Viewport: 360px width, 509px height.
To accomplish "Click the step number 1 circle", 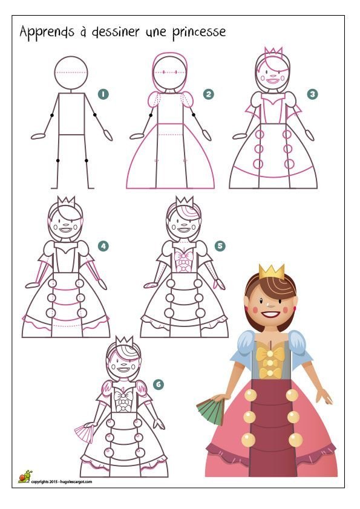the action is [x=103, y=94].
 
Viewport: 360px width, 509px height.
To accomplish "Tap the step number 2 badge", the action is [x=208, y=94].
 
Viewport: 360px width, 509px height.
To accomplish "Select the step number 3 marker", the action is [x=312, y=94].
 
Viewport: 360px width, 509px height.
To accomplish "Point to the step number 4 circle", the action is [x=103, y=246].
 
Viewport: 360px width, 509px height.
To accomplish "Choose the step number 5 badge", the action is [x=220, y=246].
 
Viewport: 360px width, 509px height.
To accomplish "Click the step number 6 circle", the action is [x=159, y=384].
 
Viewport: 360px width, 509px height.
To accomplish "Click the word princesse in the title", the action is [x=199, y=32].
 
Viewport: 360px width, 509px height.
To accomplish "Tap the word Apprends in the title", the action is [x=47, y=32].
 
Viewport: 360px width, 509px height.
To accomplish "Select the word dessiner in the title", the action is [x=116, y=32].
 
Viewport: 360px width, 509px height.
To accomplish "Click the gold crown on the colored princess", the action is [x=272, y=272].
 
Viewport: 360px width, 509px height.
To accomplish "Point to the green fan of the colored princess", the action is [x=211, y=411].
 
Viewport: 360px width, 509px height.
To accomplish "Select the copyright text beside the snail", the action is [x=62, y=482].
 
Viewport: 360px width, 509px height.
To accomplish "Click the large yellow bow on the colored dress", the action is [x=270, y=355].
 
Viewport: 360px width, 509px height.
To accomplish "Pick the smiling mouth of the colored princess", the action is [x=270, y=314].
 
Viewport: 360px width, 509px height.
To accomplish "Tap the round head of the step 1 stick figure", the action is [x=71, y=73].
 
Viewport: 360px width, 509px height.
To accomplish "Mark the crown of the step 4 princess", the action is [x=67, y=201].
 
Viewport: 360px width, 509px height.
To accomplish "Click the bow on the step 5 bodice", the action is [x=183, y=256].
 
